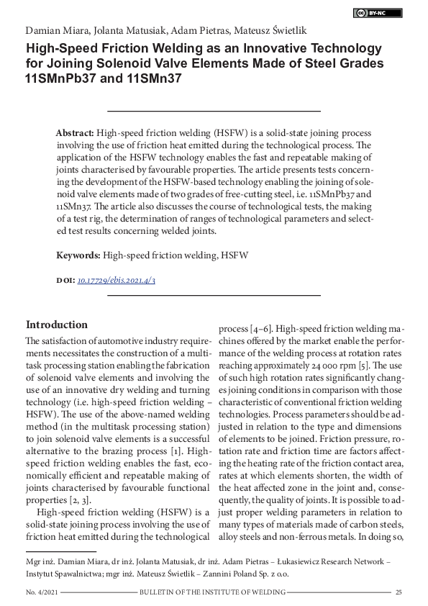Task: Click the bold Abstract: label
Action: tap(75, 134)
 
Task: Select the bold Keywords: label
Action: tap(78, 255)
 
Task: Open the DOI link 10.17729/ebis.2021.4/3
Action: tap(116, 280)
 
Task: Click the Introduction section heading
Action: tap(57, 325)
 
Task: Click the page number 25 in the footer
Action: tap(398, 592)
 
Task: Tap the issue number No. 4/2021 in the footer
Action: tap(42, 592)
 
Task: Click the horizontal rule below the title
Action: tap(214, 111)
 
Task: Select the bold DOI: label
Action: tap(65, 280)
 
